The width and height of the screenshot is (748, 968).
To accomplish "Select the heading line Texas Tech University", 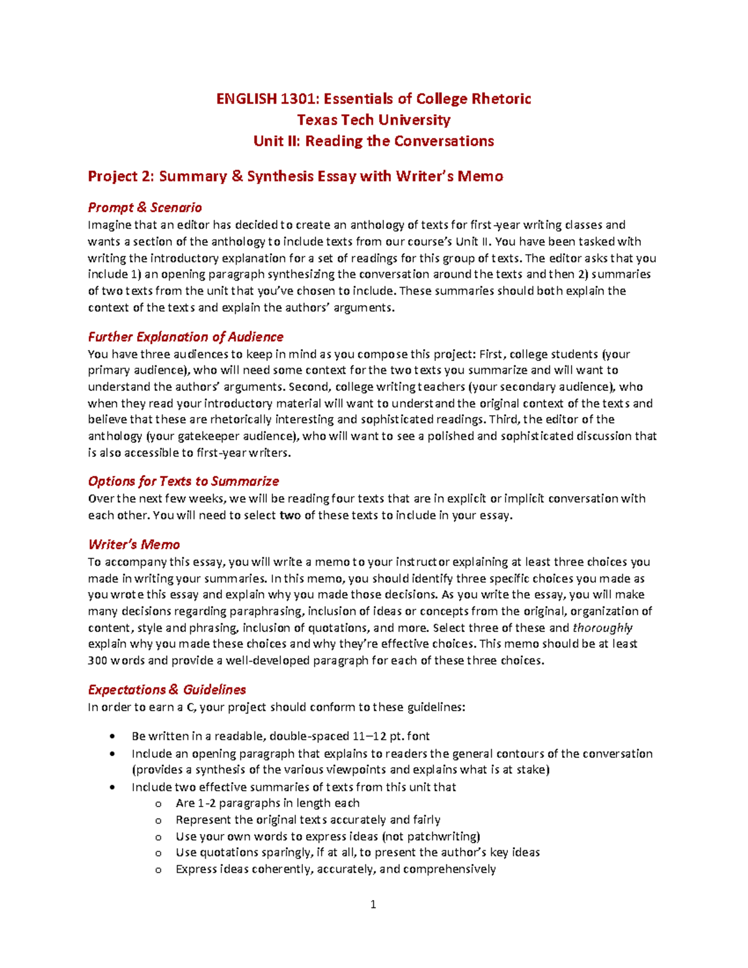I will coord(373,120).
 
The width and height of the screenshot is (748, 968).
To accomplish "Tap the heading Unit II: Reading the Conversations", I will coord(373,141).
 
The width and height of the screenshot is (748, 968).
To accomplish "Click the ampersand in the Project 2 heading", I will coord(237,176).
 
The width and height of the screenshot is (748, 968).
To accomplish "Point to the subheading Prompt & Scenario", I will coord(145,208).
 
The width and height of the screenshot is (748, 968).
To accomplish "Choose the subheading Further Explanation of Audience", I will coord(185,337).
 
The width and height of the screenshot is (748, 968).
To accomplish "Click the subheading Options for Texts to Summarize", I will coord(183,481).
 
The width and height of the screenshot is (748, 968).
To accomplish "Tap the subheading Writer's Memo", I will coord(133,545).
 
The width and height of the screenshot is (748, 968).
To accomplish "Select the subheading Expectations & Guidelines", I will coord(166,690).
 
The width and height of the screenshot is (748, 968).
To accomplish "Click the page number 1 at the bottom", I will coord(373,904).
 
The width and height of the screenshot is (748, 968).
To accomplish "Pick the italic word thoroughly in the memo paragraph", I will coord(602,628).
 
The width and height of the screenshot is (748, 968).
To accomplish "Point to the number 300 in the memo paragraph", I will coord(98,661).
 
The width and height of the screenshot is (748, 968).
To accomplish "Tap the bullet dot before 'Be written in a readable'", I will coord(112,736).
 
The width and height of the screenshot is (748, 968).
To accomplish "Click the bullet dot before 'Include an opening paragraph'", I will coord(112,754).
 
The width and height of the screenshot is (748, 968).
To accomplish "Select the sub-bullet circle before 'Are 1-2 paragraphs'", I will coord(158,804).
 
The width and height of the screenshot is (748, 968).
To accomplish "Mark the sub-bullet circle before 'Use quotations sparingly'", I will coord(158,853).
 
